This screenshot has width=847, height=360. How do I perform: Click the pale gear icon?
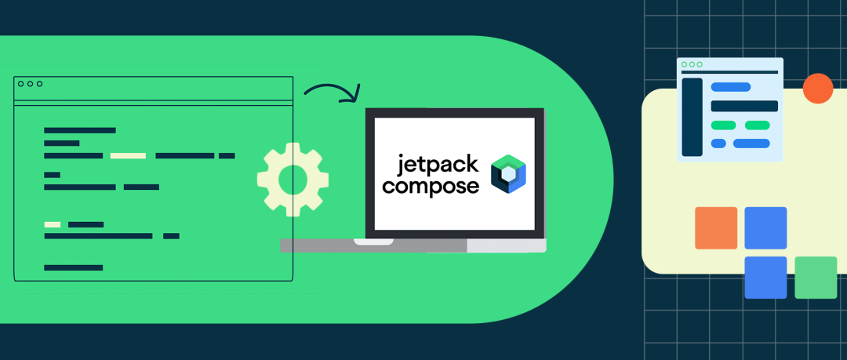coord(293,179)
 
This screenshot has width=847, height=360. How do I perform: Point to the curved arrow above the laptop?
coord(331,92)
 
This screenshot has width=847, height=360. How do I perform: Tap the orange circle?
coord(818,88)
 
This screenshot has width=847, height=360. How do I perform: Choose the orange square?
coord(716,227)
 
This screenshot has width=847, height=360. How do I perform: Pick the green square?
coord(816,278)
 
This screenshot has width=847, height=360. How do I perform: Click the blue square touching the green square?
coord(765,278)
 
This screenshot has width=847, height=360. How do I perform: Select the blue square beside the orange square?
coord(765,227)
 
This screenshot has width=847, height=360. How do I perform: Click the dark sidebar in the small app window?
coord(692,117)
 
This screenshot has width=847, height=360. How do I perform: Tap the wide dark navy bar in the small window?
coord(743,106)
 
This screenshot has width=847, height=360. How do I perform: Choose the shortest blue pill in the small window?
coord(718,144)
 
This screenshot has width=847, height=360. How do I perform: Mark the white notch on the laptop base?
coord(373,242)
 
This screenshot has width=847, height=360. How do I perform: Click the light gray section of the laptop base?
coord(506,245)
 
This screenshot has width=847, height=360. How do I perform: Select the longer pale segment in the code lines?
coord(128,156)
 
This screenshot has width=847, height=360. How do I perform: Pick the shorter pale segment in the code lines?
coord(53,225)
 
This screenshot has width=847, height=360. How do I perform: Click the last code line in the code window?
coord(74,268)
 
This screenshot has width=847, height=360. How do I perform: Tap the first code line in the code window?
coord(80,130)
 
